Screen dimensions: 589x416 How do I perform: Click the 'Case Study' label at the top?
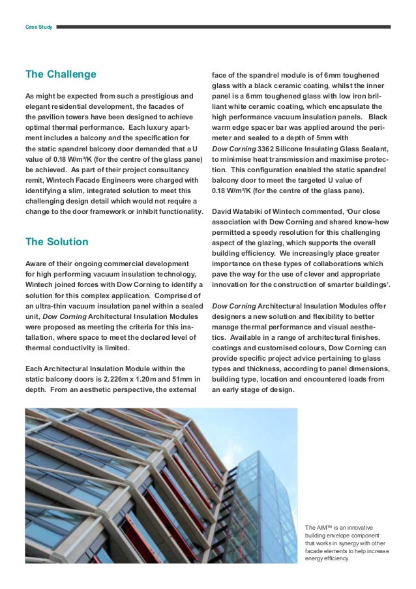pyautogui.click(x=38, y=27)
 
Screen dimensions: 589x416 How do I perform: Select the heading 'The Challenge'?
pyautogui.click(x=60, y=74)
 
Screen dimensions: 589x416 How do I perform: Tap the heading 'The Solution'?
pyautogui.click(x=57, y=242)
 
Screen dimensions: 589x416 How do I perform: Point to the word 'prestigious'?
pyautogui.click(x=150, y=97)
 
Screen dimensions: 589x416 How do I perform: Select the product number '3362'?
pyautogui.click(x=266, y=149)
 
